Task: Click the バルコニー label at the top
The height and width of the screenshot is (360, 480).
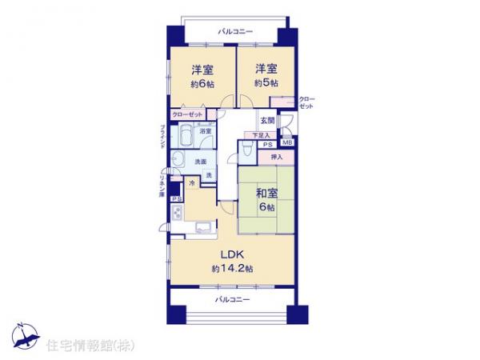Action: coord(235,31)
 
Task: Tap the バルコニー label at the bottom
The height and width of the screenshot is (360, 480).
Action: coord(232,299)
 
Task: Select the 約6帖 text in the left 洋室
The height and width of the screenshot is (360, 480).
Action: coord(201,83)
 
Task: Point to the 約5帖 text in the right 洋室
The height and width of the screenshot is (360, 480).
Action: coord(266,83)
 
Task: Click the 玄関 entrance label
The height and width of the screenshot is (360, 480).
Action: coord(266,121)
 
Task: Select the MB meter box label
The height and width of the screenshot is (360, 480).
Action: coord(286,143)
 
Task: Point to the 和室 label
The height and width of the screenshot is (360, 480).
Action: coord(266,193)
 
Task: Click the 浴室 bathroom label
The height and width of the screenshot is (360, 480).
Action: coord(205,131)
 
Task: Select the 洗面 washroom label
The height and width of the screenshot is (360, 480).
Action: coord(202,162)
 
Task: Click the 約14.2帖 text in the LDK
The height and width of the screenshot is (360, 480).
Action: coord(233,268)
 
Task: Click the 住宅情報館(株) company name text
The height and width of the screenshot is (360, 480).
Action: coord(93,344)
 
